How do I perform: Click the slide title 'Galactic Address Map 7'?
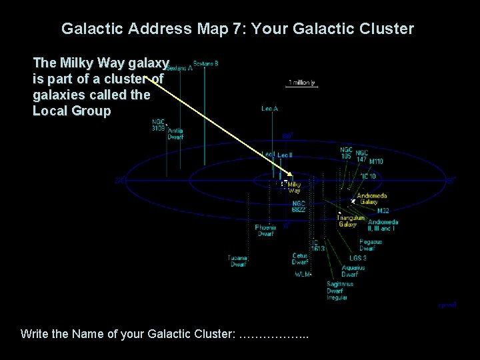[237, 29]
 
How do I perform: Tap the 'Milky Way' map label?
[294, 187]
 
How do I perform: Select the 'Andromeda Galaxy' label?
[371, 199]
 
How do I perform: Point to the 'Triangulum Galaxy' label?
[351, 221]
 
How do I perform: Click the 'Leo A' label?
[269, 108]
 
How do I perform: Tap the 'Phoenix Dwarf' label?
[265, 231]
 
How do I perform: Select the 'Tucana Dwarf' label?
[238, 261]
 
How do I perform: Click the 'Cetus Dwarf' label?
[300, 259]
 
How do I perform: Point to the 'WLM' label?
[302, 274]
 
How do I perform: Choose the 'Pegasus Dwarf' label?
[371, 245]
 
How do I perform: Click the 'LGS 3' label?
[358, 258]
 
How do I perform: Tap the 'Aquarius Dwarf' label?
[353, 271]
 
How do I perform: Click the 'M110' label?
[376, 161]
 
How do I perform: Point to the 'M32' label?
[383, 211]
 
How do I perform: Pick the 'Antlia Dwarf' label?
[175, 134]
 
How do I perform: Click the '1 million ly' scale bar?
[301, 84]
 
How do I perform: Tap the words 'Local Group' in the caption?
[72, 111]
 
